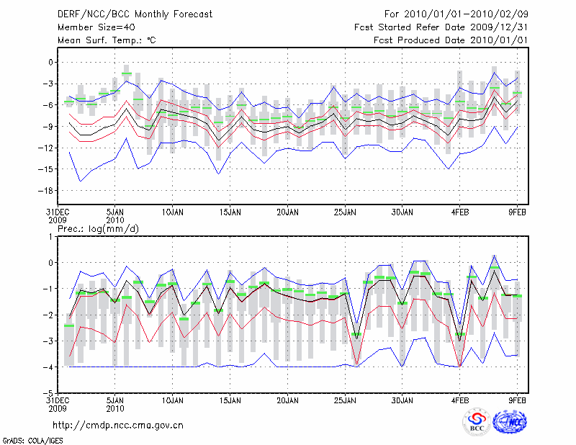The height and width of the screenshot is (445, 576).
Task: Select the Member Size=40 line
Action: pos(92,27)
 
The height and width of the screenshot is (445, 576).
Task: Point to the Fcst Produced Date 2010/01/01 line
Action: pos(451,40)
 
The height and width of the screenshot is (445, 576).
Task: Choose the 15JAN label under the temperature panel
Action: pos(230,213)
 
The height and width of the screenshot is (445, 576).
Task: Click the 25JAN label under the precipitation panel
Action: pos(345,399)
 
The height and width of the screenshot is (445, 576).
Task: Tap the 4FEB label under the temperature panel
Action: pos(460,213)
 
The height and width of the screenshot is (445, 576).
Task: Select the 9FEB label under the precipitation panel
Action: pos(518,399)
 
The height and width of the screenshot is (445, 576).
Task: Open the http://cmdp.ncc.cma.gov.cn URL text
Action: pos(118,425)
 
